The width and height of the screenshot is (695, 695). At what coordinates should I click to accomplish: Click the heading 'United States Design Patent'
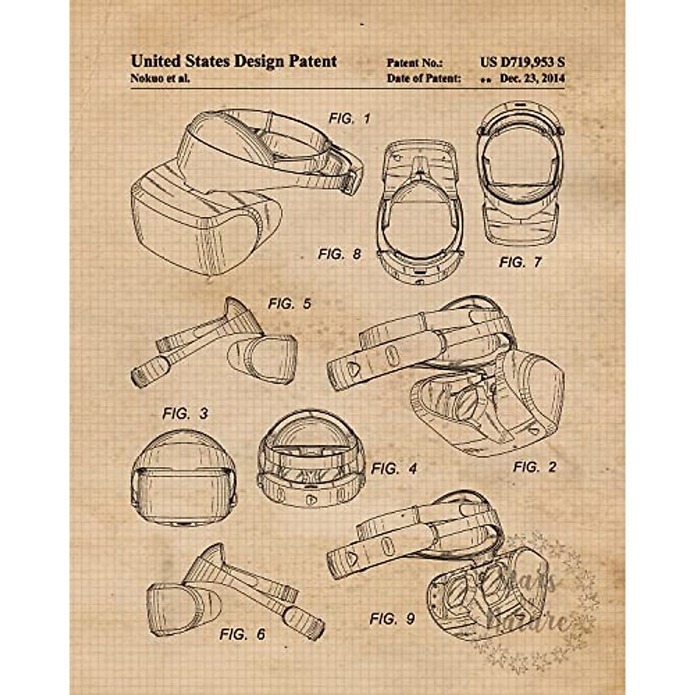pos(233,61)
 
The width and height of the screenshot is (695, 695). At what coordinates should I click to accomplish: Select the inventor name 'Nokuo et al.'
pos(160,79)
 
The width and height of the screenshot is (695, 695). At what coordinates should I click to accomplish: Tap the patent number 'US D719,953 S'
pos(522,62)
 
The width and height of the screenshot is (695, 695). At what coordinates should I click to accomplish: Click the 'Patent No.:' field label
pos(414,63)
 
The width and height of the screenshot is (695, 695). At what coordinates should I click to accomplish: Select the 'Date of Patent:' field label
pos(424,78)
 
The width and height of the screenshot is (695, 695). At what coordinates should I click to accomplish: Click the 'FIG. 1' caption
pos(349,119)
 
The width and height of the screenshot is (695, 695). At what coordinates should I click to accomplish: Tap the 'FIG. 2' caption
pos(534,466)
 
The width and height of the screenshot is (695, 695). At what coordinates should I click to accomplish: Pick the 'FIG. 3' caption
pos(185,414)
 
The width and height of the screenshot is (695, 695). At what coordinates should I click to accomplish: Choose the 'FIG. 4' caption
pos(394,468)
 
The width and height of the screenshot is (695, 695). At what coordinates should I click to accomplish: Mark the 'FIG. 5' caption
pos(289,303)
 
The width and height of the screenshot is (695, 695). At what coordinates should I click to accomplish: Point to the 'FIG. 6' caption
pos(242,634)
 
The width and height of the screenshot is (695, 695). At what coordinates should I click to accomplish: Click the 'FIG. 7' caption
pos(520,262)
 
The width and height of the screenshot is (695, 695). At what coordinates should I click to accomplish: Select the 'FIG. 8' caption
pos(339,254)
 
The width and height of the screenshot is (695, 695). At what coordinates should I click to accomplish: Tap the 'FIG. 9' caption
pos(392,619)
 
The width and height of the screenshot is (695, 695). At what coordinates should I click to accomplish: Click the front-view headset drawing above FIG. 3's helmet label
pos(184,478)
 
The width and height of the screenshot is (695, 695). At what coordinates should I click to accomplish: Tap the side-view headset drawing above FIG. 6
pos(232,591)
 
